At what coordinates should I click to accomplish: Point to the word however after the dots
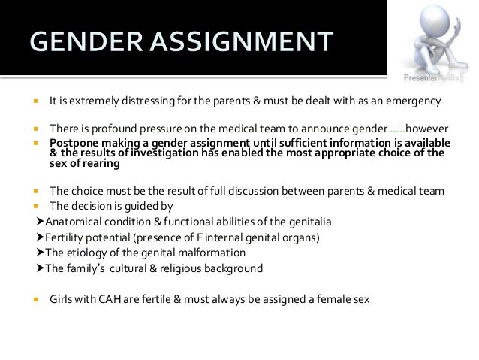tap(427, 129)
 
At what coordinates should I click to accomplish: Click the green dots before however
tap(398, 129)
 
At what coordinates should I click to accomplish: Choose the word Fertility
tap(65, 237)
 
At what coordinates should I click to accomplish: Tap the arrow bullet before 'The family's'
tap(39, 268)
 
